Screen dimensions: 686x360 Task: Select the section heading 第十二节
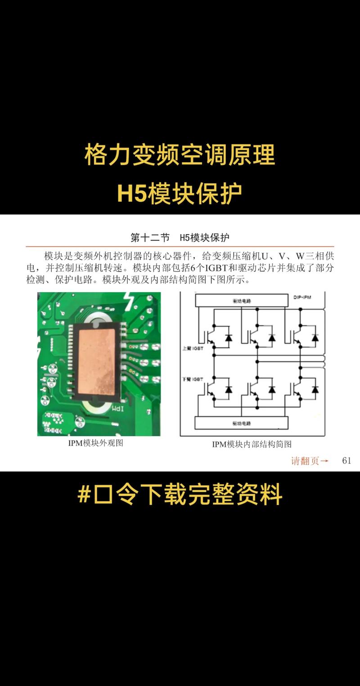(x=150, y=237)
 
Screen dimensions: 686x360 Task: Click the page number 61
(x=346, y=460)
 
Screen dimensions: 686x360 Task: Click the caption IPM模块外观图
(x=95, y=443)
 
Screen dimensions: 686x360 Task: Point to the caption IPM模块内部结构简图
(x=252, y=444)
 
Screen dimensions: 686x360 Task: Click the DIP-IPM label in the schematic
(x=302, y=298)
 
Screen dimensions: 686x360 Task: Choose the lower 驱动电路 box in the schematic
(x=241, y=423)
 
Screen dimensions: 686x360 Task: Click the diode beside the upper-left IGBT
(x=229, y=338)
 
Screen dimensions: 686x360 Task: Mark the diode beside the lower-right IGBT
(x=315, y=389)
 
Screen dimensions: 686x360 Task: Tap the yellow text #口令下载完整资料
(x=180, y=494)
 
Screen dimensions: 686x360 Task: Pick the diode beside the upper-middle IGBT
(x=272, y=338)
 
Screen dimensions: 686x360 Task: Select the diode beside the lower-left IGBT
(x=229, y=389)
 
